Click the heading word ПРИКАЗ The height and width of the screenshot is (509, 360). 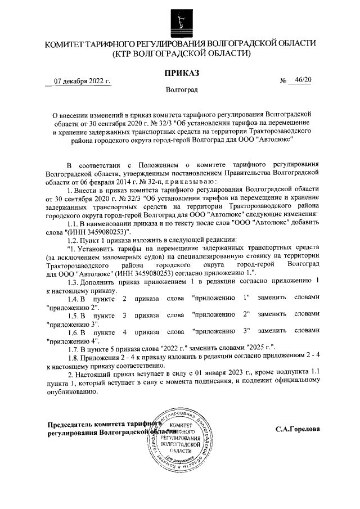(x=181, y=73)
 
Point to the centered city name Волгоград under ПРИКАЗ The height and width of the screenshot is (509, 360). (x=181, y=90)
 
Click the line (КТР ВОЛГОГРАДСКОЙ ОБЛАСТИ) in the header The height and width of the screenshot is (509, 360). (x=181, y=53)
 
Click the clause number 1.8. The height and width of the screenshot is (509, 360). (x=73, y=358)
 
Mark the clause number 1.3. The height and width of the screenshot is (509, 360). (x=73, y=280)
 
